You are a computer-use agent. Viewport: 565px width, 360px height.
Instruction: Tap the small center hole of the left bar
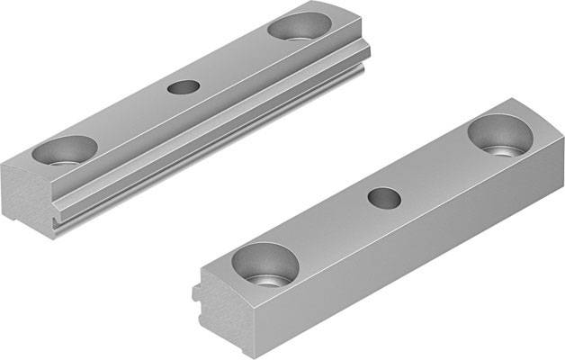[184, 87]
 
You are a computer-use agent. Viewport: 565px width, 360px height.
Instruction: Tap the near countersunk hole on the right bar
[265, 265]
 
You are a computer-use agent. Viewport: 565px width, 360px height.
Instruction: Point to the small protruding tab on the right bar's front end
[196, 292]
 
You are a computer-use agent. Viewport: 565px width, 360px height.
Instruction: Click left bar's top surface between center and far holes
[238, 58]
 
